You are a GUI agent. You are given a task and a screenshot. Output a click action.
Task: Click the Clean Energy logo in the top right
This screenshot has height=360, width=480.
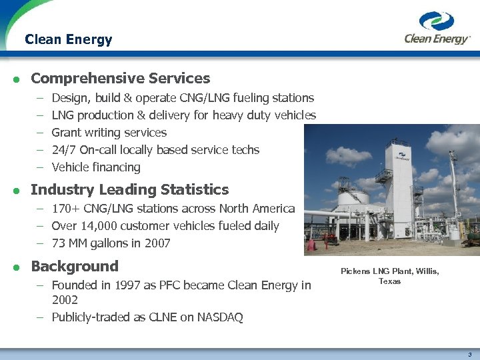[437, 28]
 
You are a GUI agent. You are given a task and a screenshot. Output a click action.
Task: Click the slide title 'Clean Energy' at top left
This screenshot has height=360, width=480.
[68, 39]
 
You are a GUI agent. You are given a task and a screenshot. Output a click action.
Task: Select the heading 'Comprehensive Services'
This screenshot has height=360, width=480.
[120, 78]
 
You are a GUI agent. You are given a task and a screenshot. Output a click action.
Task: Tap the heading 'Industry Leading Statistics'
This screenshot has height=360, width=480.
[129, 189]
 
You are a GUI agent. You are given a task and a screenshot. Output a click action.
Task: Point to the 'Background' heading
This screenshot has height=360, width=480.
[74, 266]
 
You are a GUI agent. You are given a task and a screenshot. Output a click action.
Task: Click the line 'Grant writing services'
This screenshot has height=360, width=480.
[109, 133]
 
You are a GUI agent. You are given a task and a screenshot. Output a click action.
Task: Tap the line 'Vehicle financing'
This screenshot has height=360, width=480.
[95, 167]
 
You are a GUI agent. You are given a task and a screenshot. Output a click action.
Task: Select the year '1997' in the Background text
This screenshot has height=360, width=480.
[127, 285]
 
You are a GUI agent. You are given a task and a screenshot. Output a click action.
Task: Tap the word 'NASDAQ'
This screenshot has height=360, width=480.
[220, 317]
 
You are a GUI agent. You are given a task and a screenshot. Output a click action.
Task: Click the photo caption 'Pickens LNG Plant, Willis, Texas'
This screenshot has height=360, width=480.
[390, 276]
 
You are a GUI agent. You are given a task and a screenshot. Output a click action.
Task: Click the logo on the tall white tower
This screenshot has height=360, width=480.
[401, 158]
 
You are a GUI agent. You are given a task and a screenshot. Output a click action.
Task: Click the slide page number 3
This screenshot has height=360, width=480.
[470, 354]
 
